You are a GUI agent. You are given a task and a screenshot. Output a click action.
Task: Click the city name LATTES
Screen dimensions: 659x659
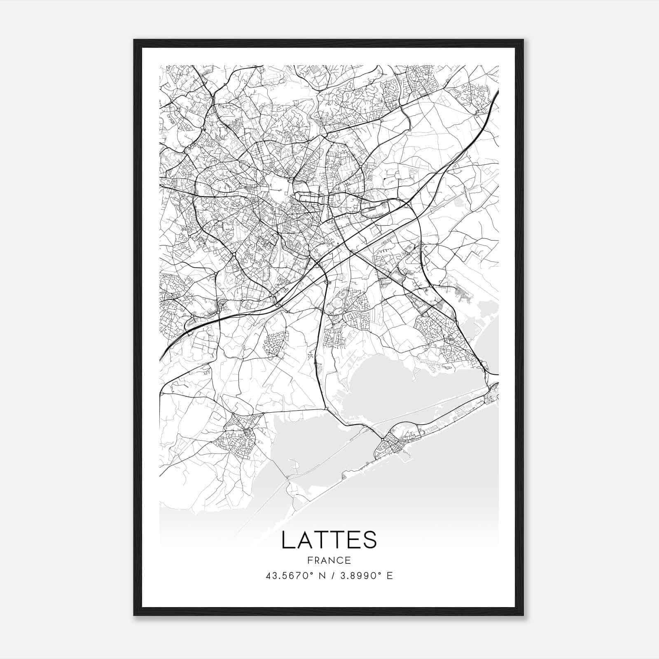(329, 540)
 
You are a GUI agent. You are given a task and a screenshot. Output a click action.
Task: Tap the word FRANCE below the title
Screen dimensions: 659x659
(329, 560)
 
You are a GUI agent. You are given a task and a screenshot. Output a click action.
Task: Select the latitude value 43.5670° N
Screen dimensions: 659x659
(295, 576)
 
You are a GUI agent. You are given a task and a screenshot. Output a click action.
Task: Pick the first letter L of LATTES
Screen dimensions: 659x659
(287, 540)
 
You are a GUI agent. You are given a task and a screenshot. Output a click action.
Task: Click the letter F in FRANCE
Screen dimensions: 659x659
(309, 560)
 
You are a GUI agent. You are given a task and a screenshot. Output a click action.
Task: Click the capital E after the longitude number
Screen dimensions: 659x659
(390, 576)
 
